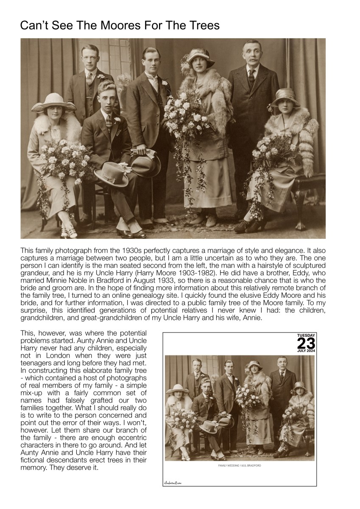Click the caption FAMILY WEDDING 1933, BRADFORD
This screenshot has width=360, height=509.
240,466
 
